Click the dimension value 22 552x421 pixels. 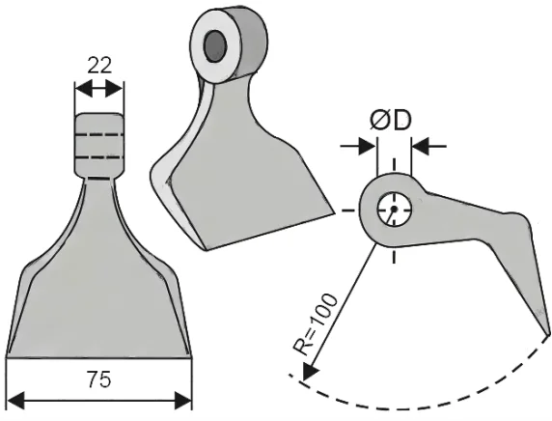(99, 66)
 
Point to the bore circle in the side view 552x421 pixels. (393, 209)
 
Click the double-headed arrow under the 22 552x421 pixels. (99, 90)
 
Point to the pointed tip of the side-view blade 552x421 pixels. (549, 332)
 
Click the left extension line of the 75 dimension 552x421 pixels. (8, 381)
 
